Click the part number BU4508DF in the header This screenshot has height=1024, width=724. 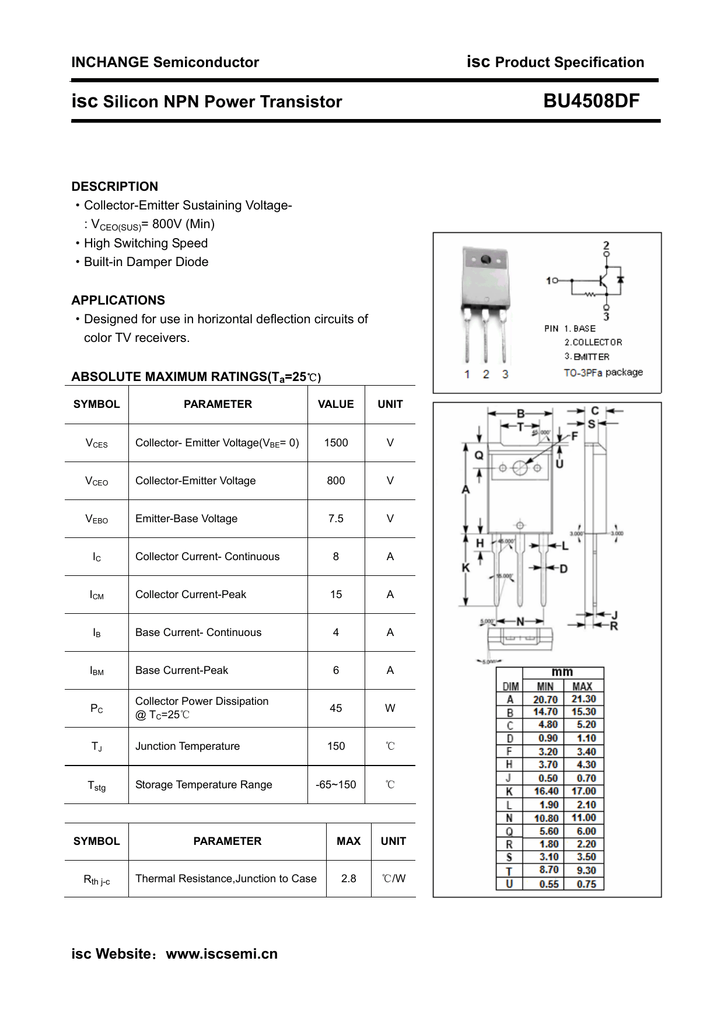(591, 101)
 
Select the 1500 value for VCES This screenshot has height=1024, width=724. (336, 443)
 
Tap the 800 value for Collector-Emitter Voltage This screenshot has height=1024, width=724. (336, 481)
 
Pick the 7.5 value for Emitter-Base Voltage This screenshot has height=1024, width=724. (336, 519)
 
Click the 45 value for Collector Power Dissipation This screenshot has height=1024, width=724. (336, 708)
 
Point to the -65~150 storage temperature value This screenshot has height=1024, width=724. (336, 785)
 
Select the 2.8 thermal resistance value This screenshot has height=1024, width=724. (348, 879)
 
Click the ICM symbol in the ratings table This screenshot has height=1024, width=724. (97, 595)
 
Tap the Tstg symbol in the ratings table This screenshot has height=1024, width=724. (97, 786)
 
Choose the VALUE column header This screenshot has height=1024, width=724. (336, 405)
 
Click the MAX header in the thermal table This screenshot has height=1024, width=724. (348, 841)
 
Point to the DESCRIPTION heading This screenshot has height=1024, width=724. (114, 187)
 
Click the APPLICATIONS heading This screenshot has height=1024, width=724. (118, 300)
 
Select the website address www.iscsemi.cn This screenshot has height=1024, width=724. (221, 954)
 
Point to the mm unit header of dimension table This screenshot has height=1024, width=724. (563, 672)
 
